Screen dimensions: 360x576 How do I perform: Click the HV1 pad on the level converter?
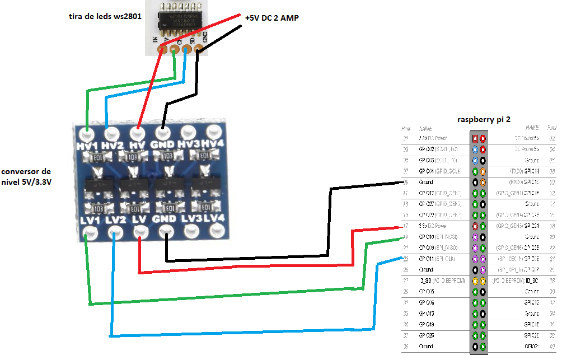[x=87, y=134]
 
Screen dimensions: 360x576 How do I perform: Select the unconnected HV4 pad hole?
[x=213, y=132]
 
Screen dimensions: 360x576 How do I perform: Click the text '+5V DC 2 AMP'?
[x=271, y=18]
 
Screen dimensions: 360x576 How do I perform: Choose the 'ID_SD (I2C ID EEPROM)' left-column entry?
[x=439, y=280]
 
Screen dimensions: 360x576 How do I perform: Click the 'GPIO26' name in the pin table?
[x=430, y=335]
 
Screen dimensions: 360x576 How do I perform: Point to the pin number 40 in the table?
[x=552, y=347]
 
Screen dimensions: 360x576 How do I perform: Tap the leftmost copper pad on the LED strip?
[x=162, y=49]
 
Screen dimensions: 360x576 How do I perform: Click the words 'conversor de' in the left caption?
[x=27, y=171]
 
